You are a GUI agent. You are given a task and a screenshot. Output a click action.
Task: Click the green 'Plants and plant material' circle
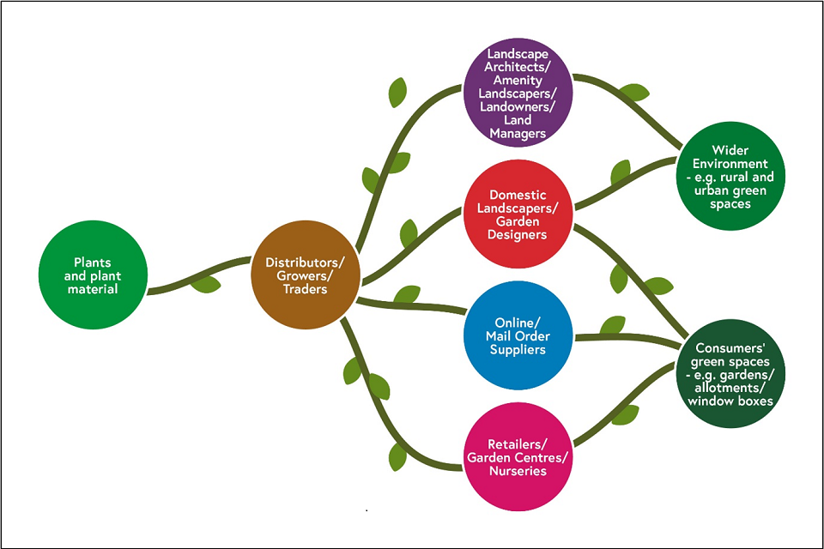point(92,275)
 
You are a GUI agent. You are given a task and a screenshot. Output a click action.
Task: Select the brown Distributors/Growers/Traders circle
point(304,275)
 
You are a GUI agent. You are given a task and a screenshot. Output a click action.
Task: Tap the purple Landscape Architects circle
point(518,92)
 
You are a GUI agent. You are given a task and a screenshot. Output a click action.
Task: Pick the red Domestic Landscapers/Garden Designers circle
point(518,214)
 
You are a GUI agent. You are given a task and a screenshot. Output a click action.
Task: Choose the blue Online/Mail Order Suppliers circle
point(518,335)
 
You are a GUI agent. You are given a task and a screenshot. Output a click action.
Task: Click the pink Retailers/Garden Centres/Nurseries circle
point(518,456)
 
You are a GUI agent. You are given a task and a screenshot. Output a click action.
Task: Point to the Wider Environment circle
point(730,177)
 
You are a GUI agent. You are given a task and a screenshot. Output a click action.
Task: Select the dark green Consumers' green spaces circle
point(730,374)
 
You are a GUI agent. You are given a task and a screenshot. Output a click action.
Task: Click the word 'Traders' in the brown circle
point(305,290)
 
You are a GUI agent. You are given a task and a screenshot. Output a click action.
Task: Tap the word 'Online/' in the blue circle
point(517,322)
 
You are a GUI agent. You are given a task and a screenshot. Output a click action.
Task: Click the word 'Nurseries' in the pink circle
point(518,471)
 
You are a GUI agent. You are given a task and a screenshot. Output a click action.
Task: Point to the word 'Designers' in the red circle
point(518,235)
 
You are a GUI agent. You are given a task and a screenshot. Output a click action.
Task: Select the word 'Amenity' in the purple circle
point(518,79)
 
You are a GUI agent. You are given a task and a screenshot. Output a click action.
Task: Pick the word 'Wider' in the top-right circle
point(730,151)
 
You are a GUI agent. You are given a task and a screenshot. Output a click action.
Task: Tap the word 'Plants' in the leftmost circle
point(93,262)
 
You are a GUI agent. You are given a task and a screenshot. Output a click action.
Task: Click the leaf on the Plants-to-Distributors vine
point(206,283)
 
